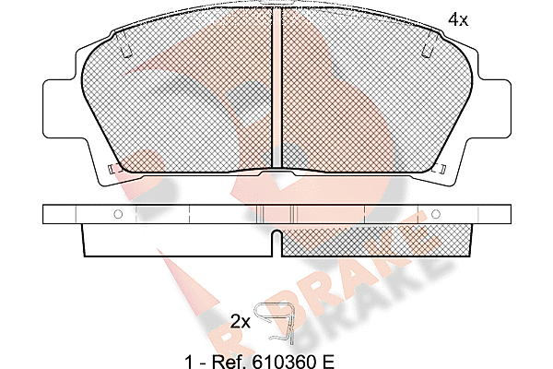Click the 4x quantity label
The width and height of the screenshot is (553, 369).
click(458, 19)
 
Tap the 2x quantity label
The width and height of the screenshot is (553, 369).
click(241, 322)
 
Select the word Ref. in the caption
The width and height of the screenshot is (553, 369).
click(229, 362)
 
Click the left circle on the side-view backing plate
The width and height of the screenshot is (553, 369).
click(118, 214)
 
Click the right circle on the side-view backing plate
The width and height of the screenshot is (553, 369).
click(436, 214)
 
